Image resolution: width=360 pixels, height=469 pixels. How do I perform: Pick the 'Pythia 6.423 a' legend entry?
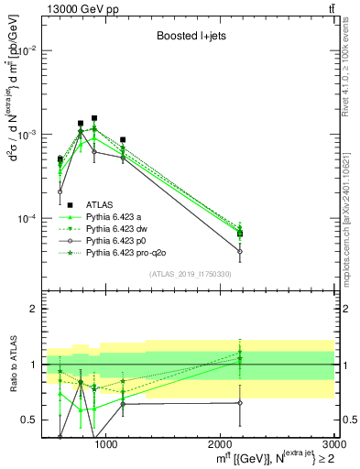click(x=116, y=216)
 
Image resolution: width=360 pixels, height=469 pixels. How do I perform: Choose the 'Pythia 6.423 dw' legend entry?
click(x=119, y=228)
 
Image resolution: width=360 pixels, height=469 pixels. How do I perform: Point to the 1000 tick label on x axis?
click(x=105, y=443)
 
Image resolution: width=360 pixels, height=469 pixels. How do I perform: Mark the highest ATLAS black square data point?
click(x=94, y=118)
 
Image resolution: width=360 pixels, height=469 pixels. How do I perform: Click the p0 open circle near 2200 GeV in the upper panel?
click(x=239, y=251)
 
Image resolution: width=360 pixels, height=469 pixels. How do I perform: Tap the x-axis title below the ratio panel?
click(x=267, y=458)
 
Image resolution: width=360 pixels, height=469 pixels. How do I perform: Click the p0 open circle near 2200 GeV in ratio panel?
click(x=239, y=403)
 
